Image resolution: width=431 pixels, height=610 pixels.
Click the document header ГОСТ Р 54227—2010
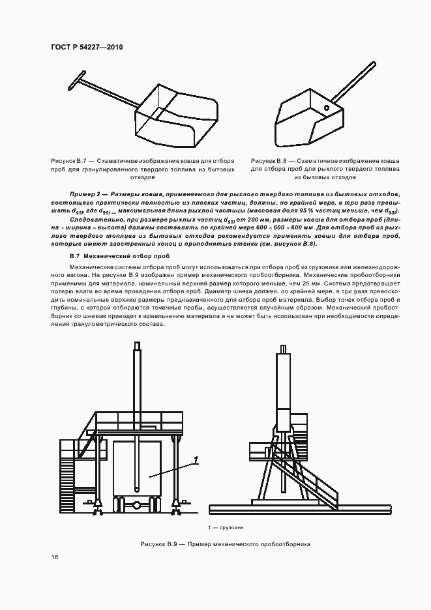(87, 48)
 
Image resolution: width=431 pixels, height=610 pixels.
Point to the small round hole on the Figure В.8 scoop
(325, 107)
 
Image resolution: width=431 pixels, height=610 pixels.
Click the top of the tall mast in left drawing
(136, 352)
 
